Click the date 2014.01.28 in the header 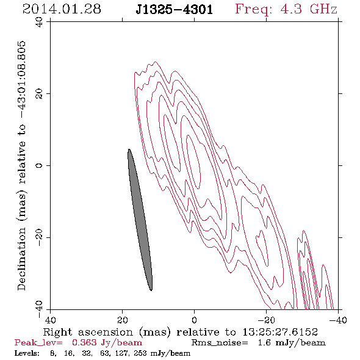(62, 9)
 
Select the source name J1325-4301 (175, 10)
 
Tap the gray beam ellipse (140, 220)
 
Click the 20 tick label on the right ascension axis (122, 320)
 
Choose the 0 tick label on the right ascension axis (194, 320)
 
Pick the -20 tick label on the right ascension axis (266, 320)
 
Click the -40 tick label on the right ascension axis (338, 320)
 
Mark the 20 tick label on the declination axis (39, 94)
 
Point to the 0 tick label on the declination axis (39, 165)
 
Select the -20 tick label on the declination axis (39, 237)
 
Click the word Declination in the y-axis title (21, 259)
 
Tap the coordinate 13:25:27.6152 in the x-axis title (280, 332)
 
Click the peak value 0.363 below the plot (84, 342)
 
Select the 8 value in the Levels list (53, 353)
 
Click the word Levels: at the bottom (27, 353)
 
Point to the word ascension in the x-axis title (106, 332)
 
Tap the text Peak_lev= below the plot (38, 342)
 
